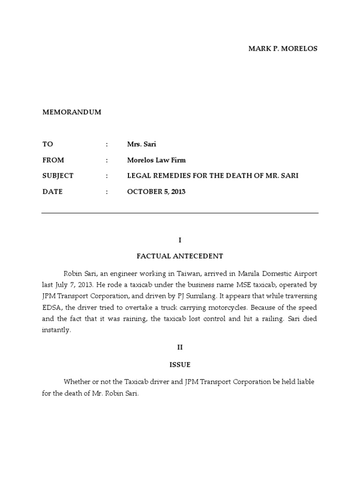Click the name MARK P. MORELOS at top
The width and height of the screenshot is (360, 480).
[283, 49]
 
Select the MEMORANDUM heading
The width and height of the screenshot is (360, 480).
[72, 112]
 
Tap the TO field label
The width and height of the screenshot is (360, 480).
[48, 144]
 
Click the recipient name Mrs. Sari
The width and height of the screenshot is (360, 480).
[142, 144]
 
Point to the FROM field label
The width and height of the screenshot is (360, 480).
[53, 160]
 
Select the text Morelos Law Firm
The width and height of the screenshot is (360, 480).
[156, 160]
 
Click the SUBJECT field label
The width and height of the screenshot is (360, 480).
[58, 176]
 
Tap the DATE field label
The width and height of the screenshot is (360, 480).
[52, 192]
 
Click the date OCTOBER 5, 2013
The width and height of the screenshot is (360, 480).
[156, 192]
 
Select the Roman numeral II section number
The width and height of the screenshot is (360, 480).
[180, 348]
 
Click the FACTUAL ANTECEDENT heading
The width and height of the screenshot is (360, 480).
[180, 256]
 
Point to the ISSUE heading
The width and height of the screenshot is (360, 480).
[180, 364]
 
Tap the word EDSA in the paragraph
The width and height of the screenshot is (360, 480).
[51, 307]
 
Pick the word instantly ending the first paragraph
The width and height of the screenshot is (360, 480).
[56, 330]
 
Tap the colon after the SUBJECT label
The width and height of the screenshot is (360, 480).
[107, 176]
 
